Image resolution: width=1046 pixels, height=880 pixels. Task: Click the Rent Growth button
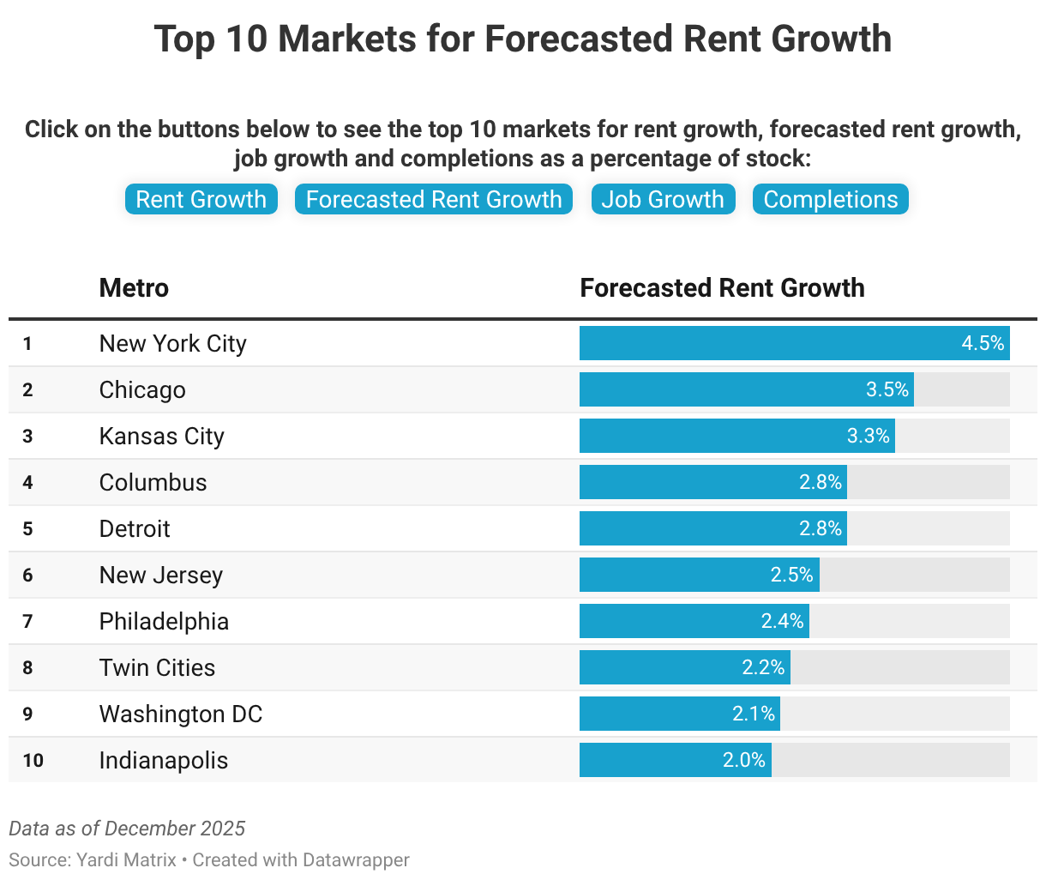(201, 199)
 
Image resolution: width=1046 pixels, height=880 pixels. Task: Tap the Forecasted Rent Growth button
(434, 199)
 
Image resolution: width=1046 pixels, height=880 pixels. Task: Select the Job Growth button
(663, 199)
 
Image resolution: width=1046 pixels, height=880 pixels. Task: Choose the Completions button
(830, 199)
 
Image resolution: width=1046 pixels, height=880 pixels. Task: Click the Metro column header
(134, 287)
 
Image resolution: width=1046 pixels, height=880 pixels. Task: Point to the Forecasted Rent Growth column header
(722, 287)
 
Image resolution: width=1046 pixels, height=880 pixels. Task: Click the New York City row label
(173, 343)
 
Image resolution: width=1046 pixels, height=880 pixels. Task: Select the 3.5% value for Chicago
(887, 389)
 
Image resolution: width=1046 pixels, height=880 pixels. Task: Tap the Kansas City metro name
(162, 436)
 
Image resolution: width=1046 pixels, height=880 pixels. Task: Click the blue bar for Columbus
(686, 482)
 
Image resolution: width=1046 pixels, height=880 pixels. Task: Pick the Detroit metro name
(135, 528)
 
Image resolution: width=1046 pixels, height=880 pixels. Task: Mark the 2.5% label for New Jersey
(791, 575)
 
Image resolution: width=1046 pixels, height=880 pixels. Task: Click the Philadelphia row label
(164, 621)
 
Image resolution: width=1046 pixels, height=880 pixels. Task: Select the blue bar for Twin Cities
(660, 667)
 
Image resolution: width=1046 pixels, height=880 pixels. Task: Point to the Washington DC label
(181, 714)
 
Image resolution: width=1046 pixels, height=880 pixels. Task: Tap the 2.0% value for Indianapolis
(743, 760)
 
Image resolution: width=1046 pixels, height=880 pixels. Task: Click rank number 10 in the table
(33, 760)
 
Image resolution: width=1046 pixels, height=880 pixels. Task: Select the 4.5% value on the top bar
(983, 343)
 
